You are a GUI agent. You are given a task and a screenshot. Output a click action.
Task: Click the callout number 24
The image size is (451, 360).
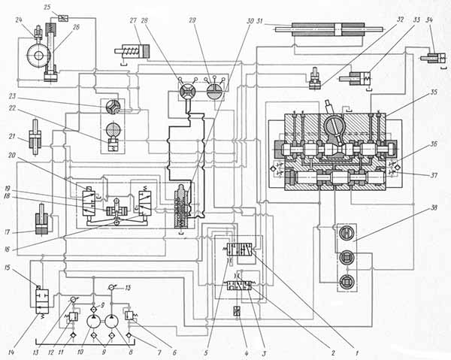(18, 20)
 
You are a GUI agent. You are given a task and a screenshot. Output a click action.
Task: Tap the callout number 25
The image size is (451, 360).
(48, 8)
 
